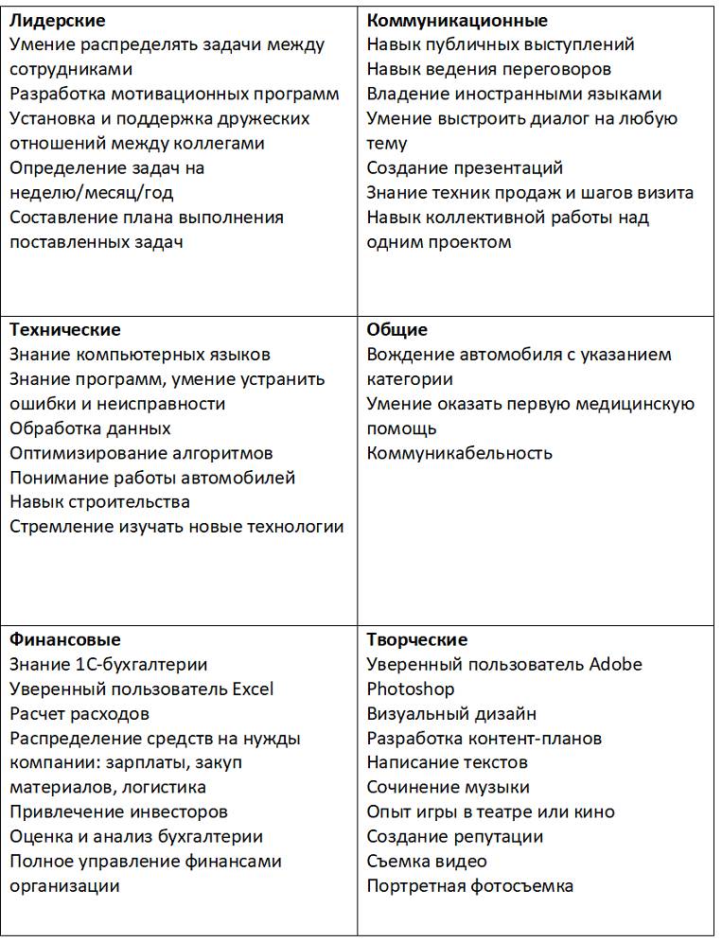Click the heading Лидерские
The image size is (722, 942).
57,20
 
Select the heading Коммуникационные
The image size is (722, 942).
457,20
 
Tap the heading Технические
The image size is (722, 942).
65,330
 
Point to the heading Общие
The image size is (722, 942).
397,330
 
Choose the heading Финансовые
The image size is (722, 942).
65,640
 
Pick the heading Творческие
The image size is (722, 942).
417,640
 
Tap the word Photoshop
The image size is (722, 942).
411,689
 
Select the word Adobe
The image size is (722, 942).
615,665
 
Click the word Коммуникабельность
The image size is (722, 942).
460,453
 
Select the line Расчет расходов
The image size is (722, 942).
79,714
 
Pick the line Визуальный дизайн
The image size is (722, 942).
451,714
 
